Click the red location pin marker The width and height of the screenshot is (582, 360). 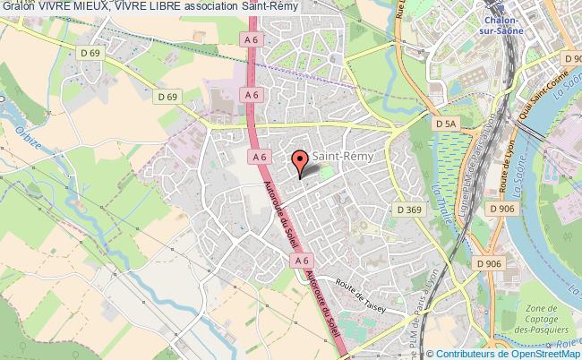click(x=299, y=163)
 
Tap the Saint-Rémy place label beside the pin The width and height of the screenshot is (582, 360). click(x=344, y=156)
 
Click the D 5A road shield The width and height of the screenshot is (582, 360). click(x=444, y=123)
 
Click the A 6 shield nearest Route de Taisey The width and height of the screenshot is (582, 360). click(x=302, y=259)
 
